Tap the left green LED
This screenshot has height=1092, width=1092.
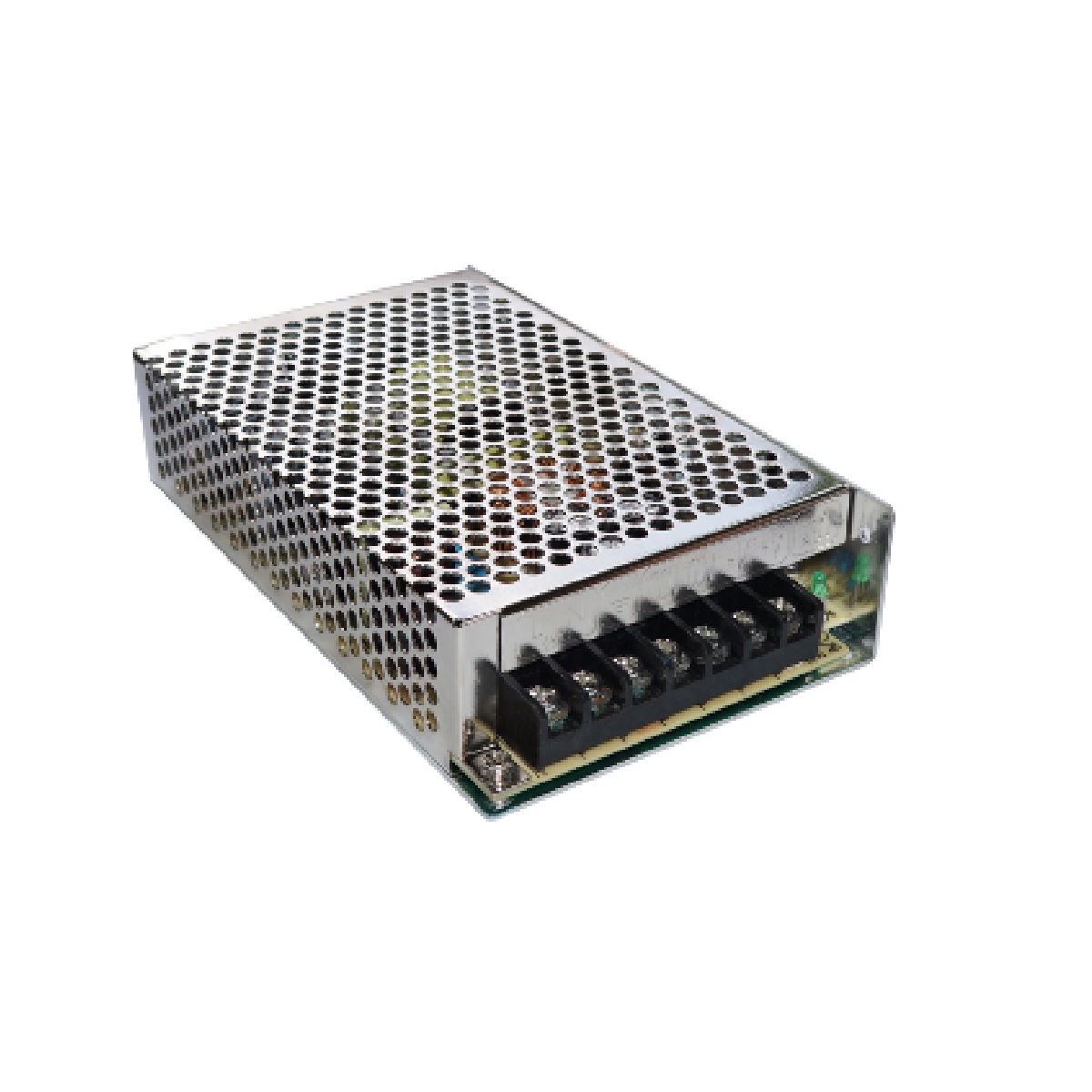pos(819,582)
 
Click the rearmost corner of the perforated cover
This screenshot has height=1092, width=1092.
pos(467,266)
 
